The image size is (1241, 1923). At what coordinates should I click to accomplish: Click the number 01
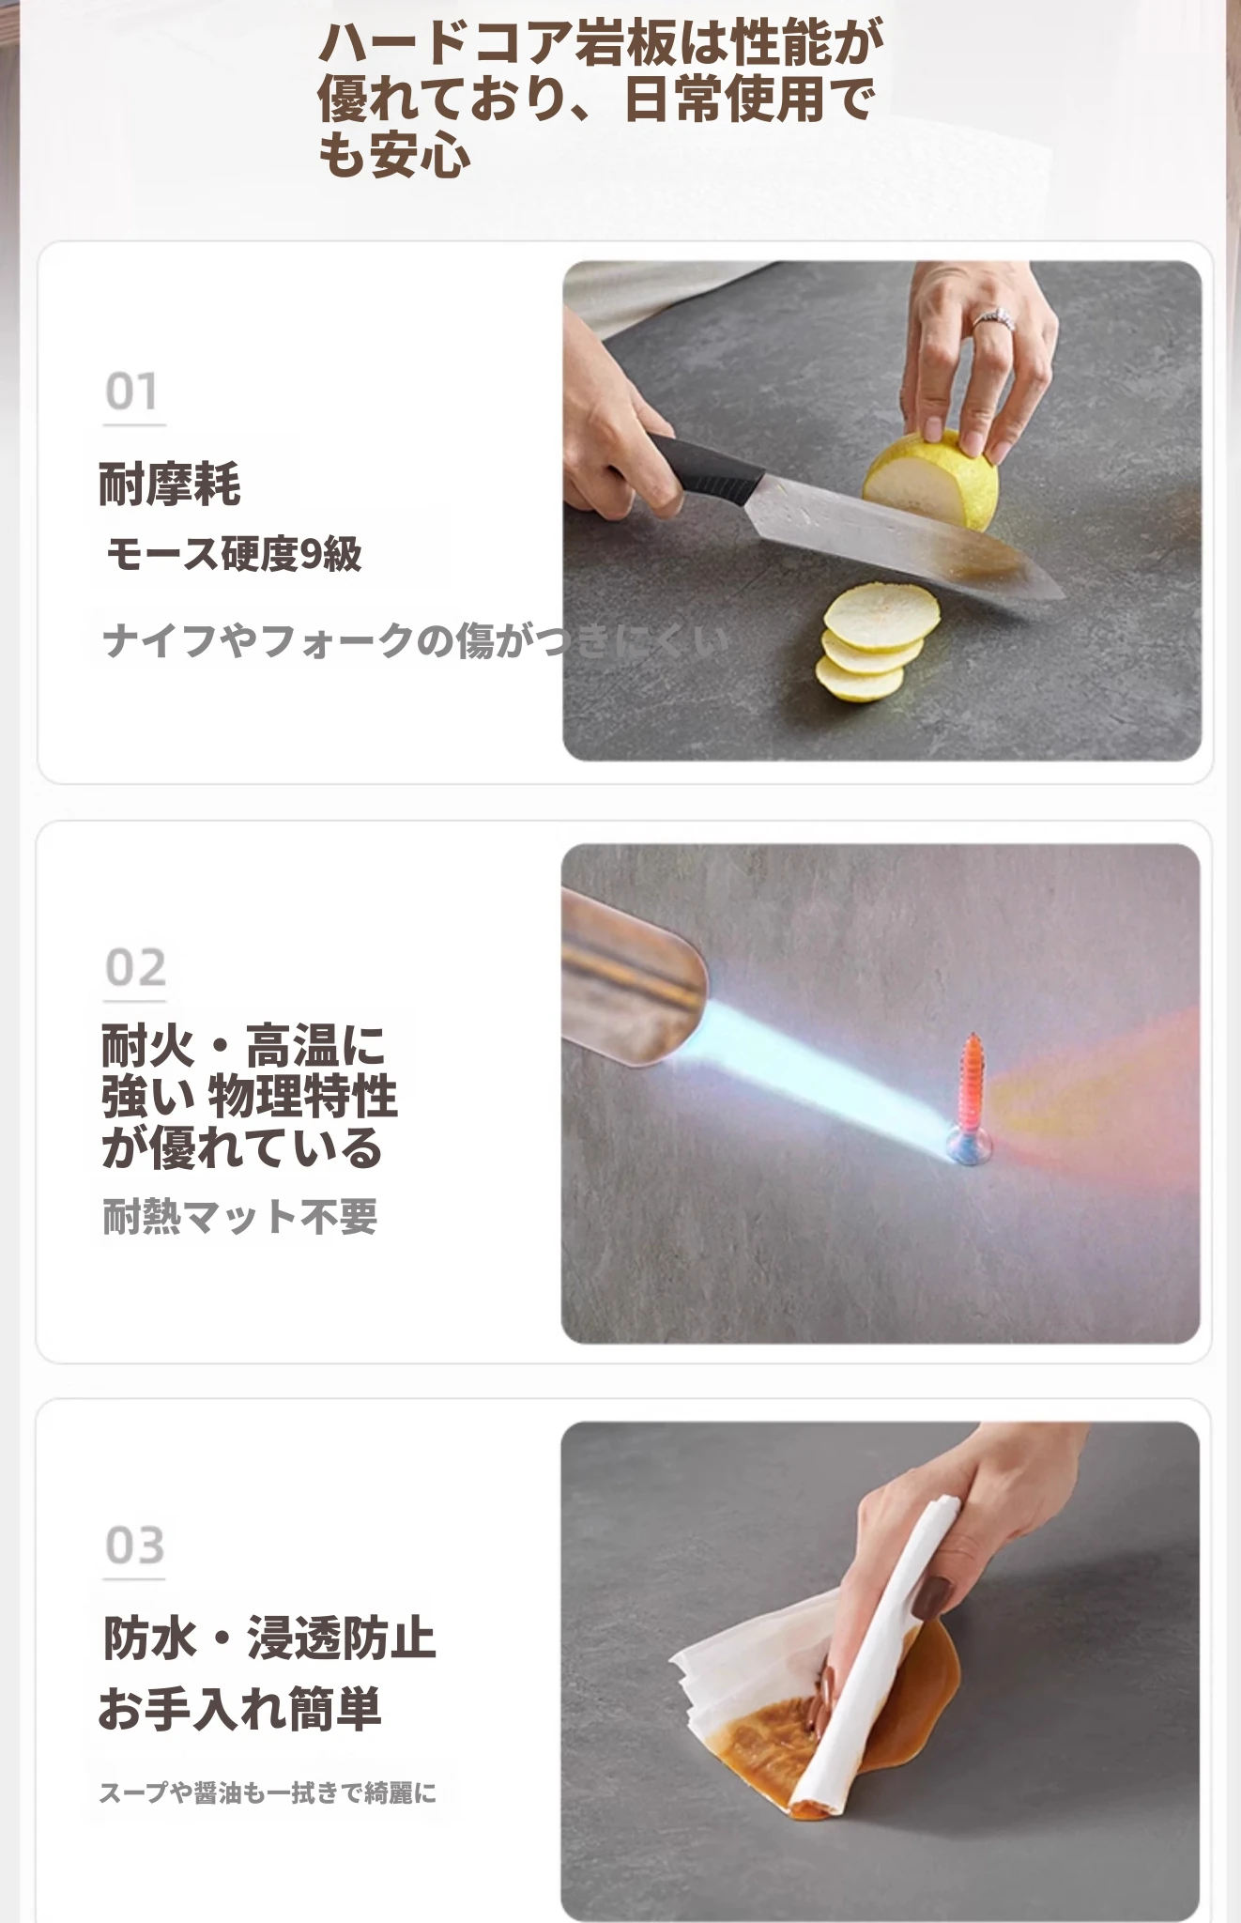[131, 392]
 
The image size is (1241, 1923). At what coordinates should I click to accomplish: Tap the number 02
[135, 968]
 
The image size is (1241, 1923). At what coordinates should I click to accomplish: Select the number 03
[135, 1546]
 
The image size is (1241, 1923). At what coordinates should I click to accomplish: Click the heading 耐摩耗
[170, 485]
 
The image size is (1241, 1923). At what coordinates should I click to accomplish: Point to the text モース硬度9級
[234, 554]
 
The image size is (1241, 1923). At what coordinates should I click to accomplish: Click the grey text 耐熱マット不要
[240, 1217]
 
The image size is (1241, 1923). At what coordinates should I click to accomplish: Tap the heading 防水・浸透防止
[269, 1638]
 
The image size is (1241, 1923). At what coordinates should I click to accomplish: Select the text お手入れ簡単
[240, 1709]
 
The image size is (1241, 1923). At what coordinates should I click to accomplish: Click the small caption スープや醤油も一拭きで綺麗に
[268, 1793]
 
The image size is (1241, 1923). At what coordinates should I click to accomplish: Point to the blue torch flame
[826, 1080]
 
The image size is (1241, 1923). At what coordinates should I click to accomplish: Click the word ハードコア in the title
[444, 43]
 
